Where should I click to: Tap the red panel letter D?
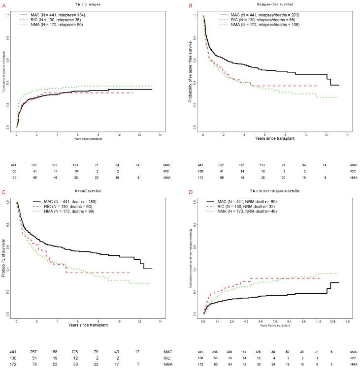pyautogui.click(x=188, y=189)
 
